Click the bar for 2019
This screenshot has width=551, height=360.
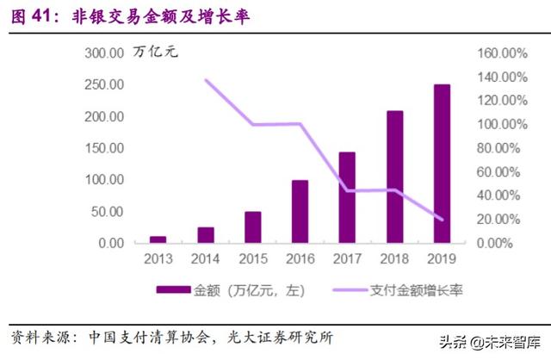pos(441,164)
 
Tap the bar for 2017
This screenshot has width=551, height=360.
pos(347,197)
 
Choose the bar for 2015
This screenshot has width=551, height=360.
pos(252,227)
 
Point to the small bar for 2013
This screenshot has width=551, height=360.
pos(158,239)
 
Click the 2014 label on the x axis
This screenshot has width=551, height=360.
pos(205,259)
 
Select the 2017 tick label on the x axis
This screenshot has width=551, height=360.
pos(346,259)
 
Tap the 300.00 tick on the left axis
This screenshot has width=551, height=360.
pos(105,53)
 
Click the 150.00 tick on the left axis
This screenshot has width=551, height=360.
pos(105,148)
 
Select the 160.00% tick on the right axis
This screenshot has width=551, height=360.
pos(502,53)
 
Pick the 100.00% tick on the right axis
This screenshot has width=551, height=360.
pos(502,124)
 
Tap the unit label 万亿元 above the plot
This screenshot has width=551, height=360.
pos(158,53)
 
